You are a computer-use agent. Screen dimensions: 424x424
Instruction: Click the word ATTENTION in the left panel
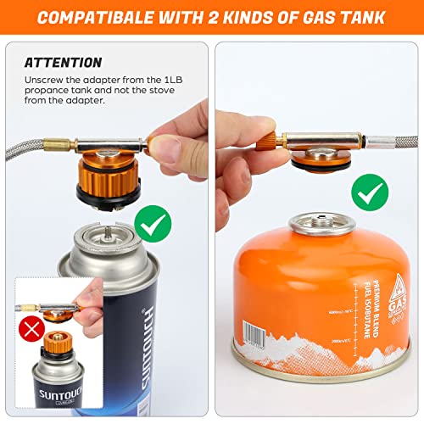pos(63,63)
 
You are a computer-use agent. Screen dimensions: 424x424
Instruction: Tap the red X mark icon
pos(32,329)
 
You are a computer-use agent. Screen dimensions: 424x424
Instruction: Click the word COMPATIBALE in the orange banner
pos(110,18)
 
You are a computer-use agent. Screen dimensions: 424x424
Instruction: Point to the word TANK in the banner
pos(363,18)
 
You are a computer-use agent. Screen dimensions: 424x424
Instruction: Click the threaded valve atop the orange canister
pos(315,222)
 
